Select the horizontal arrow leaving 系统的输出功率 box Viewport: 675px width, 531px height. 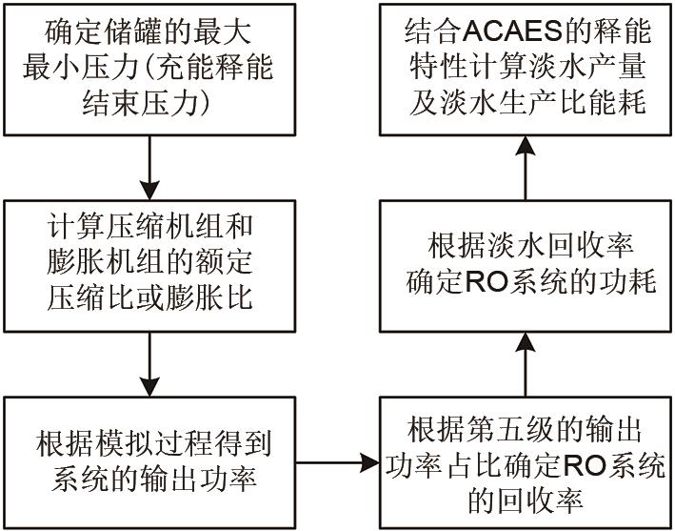click(338, 463)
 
